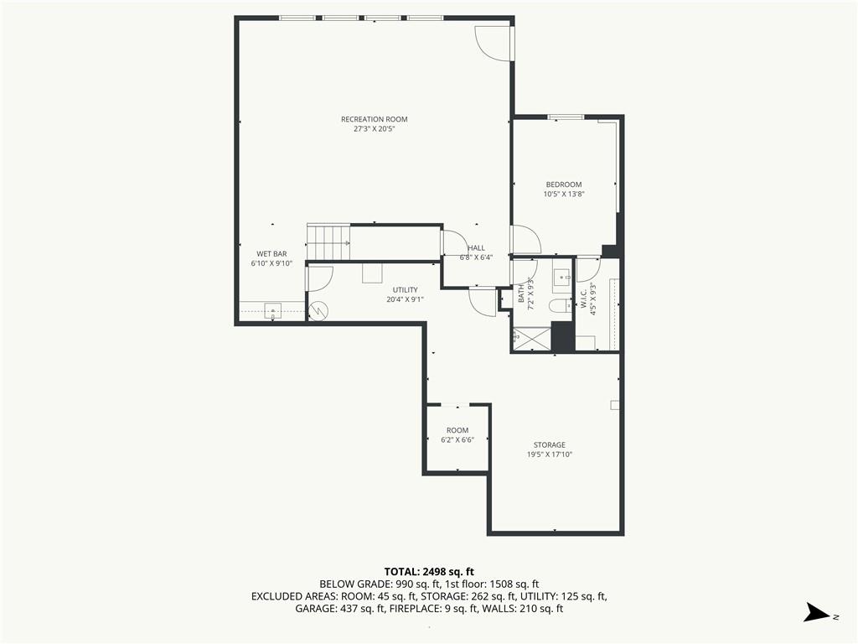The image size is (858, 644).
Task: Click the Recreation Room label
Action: (x=375, y=119)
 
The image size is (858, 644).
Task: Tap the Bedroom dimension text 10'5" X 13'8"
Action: (x=564, y=194)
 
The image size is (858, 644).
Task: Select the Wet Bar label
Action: (x=272, y=254)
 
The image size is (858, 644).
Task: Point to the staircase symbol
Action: (x=328, y=241)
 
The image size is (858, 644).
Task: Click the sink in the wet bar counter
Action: (x=273, y=311)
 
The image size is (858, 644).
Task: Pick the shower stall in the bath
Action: (x=531, y=339)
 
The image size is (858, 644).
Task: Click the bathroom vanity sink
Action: (x=561, y=278)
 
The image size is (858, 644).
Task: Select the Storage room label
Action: (x=550, y=444)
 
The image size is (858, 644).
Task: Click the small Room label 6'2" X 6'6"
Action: (x=457, y=435)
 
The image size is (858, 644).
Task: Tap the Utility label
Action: (x=406, y=289)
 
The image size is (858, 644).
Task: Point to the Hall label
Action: (x=476, y=248)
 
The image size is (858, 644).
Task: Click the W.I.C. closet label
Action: (x=582, y=299)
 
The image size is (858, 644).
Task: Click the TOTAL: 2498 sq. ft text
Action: (x=429, y=572)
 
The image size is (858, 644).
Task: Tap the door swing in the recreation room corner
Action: (x=493, y=43)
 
